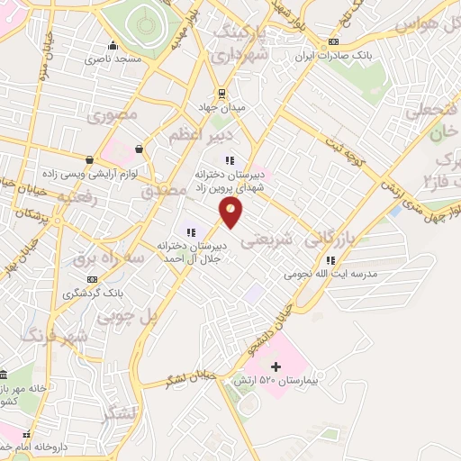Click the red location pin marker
[231, 212]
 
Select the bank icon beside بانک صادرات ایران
[334, 41]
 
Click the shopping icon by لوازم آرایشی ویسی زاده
[138, 149]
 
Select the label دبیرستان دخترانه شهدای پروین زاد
[233, 176]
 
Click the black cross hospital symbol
[276, 366]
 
